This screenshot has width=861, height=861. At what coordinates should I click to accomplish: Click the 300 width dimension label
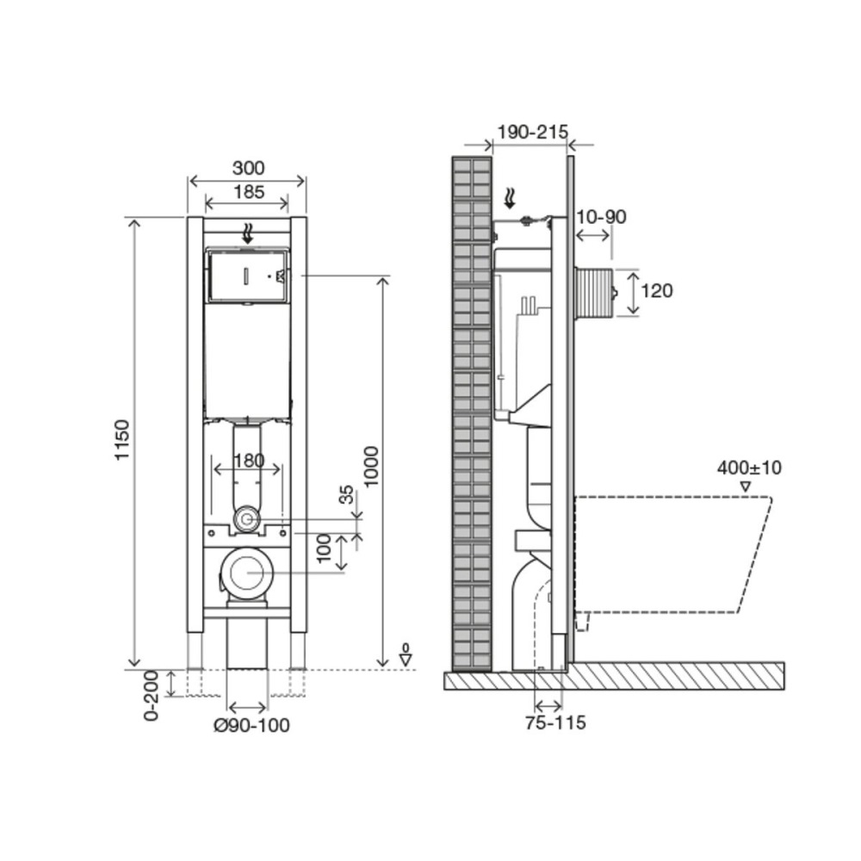point(248,167)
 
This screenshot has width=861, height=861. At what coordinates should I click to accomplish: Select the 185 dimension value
point(249,192)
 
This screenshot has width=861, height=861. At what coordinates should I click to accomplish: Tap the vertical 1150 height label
point(122,439)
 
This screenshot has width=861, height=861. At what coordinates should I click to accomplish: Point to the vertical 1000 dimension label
point(372,466)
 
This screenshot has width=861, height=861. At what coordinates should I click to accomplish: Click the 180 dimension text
point(249,460)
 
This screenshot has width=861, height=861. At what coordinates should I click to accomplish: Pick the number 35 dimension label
point(346,494)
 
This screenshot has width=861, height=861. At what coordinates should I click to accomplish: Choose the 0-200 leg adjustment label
point(151,696)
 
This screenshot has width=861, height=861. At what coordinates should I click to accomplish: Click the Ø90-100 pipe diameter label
point(251,725)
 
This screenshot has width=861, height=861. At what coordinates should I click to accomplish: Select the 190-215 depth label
point(532,132)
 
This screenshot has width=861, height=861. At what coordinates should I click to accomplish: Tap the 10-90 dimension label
point(601,217)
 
